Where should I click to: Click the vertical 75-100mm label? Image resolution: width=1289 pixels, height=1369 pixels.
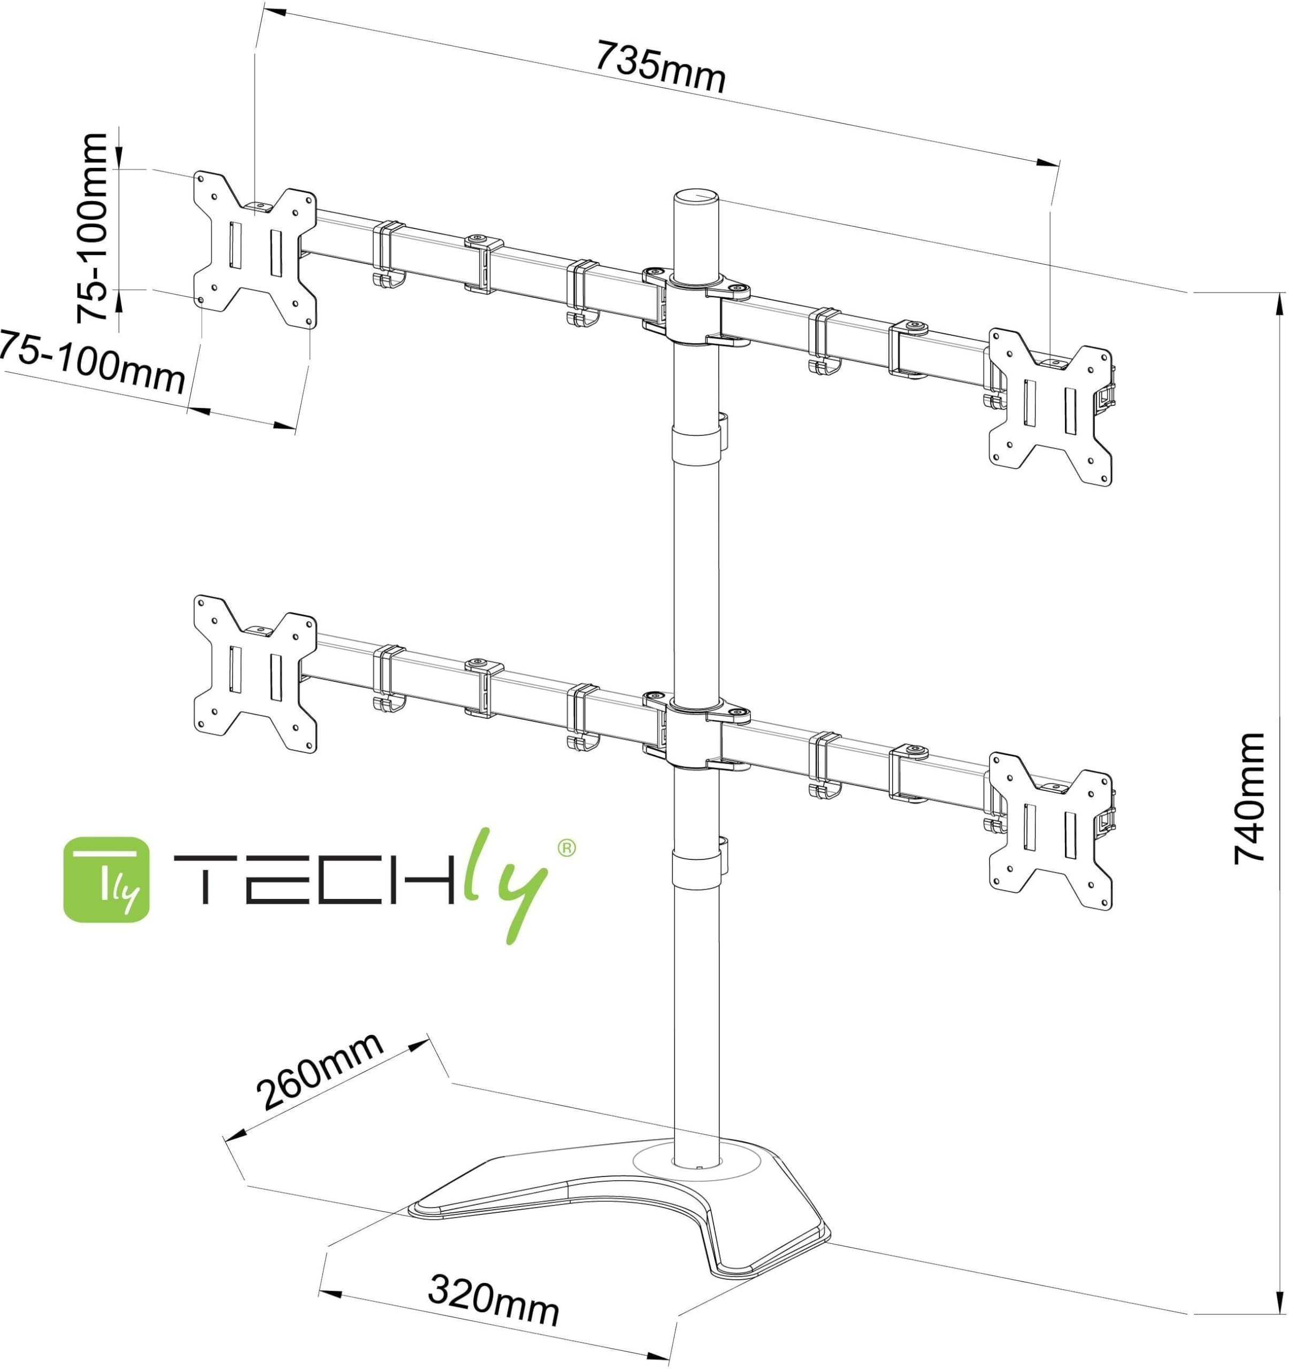[x=91, y=228]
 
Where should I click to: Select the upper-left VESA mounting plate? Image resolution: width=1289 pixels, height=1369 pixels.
[x=255, y=249]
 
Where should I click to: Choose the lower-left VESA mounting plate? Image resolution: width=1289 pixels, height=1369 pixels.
[x=255, y=673]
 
